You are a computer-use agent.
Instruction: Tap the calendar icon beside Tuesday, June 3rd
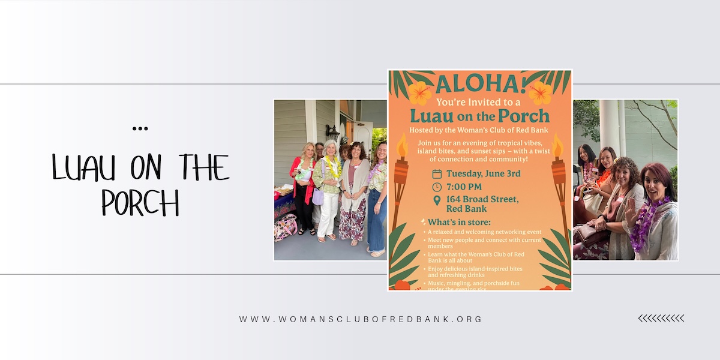pos(437,174)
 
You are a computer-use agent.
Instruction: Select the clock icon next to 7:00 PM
pos(437,187)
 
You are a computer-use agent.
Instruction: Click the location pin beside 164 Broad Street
pos(437,200)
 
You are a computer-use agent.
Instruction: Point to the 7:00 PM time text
pos(463,187)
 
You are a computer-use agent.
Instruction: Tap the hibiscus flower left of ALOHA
pos(419,93)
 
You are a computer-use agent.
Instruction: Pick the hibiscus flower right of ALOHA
pos(541,93)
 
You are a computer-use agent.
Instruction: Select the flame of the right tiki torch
pos(557,146)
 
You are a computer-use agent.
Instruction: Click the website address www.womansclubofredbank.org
pos(361,319)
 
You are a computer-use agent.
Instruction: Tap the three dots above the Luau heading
pos(140,128)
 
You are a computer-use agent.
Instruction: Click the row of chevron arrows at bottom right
pos(661,318)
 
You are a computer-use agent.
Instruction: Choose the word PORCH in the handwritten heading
pos(140,203)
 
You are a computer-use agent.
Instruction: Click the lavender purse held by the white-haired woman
pos(318,197)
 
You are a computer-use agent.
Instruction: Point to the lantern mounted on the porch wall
pos(329,131)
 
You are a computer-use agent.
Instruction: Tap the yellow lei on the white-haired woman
pos(331,167)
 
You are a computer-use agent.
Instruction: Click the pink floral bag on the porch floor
pos(286,227)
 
